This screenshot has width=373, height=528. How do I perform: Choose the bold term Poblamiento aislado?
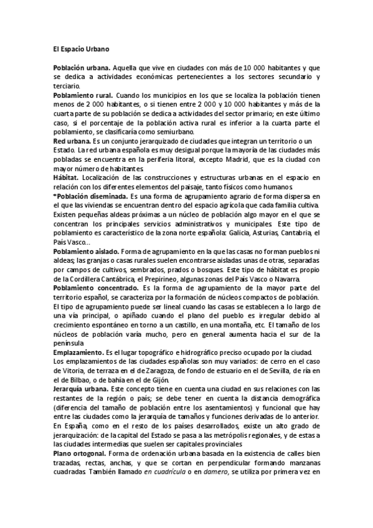pyautogui.click(x=87, y=251)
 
